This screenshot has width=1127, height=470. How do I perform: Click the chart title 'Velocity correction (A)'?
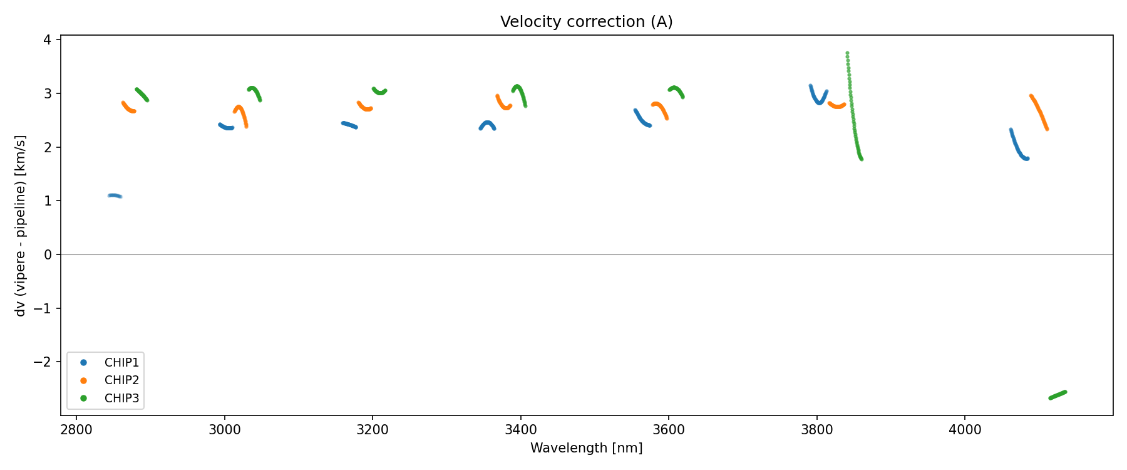586,22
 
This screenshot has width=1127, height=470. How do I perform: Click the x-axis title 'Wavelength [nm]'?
586,448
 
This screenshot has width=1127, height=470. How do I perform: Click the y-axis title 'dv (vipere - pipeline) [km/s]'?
21,226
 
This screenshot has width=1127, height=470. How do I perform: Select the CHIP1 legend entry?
121,363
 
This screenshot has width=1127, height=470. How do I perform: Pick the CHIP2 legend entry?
121,380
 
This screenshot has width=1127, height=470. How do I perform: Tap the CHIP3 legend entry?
121,398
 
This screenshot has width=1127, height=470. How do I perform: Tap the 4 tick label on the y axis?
48,40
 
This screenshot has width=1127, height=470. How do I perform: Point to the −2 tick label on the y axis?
43,362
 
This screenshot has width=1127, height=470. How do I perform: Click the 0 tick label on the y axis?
48,255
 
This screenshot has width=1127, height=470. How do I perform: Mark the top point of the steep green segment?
847,53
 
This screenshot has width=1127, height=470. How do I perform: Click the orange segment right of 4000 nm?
1039,112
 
